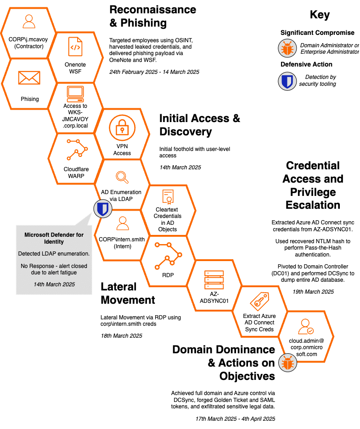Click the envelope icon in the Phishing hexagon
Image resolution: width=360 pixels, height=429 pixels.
point(29,78)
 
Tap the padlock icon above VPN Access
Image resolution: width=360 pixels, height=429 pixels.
point(122,127)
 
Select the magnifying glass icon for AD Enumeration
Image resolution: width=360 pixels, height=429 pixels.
point(122,177)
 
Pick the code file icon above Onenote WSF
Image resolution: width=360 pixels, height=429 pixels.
point(75,46)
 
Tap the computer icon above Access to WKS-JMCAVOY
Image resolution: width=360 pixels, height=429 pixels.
point(75,94)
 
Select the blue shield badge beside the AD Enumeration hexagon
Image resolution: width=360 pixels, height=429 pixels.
point(102,209)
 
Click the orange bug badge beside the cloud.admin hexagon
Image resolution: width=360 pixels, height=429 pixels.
point(288,363)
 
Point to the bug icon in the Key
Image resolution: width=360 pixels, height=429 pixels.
point(287,48)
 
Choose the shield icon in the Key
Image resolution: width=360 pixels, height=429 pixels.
point(287,81)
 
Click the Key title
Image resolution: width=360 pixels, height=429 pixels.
point(320,15)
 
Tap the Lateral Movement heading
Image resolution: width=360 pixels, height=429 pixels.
point(128,293)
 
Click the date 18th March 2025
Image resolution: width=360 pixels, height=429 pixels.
point(121,335)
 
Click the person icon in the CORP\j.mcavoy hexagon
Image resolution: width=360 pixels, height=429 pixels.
point(29,21)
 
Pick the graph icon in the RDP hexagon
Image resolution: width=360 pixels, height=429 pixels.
point(168,255)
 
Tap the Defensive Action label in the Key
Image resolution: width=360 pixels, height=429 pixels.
point(306,64)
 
